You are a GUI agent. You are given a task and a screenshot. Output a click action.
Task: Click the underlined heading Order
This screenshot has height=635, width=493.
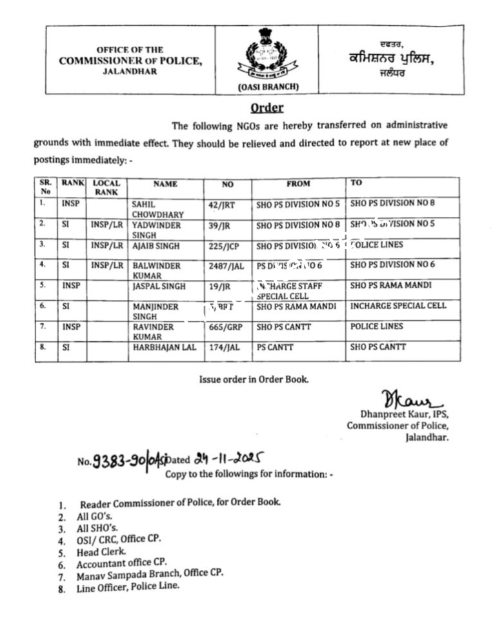click(x=266, y=107)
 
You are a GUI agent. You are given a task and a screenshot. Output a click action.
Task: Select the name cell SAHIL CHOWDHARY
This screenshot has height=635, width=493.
click(x=157, y=209)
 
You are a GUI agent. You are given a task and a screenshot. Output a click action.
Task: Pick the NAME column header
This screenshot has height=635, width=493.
click(x=165, y=184)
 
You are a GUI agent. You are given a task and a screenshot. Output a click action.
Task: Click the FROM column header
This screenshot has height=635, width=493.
click(x=298, y=184)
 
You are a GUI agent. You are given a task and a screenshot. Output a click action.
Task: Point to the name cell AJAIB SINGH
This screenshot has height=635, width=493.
click(x=156, y=245)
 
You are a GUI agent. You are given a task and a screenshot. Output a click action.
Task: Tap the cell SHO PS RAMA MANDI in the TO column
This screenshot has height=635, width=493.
click(x=391, y=285)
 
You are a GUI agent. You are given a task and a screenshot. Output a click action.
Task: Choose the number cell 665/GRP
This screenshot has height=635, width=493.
click(x=227, y=327)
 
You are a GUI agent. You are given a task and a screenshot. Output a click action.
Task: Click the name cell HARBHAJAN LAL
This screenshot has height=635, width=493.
click(x=164, y=347)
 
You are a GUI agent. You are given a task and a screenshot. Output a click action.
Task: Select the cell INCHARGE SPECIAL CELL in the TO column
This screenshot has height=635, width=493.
click(x=397, y=306)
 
